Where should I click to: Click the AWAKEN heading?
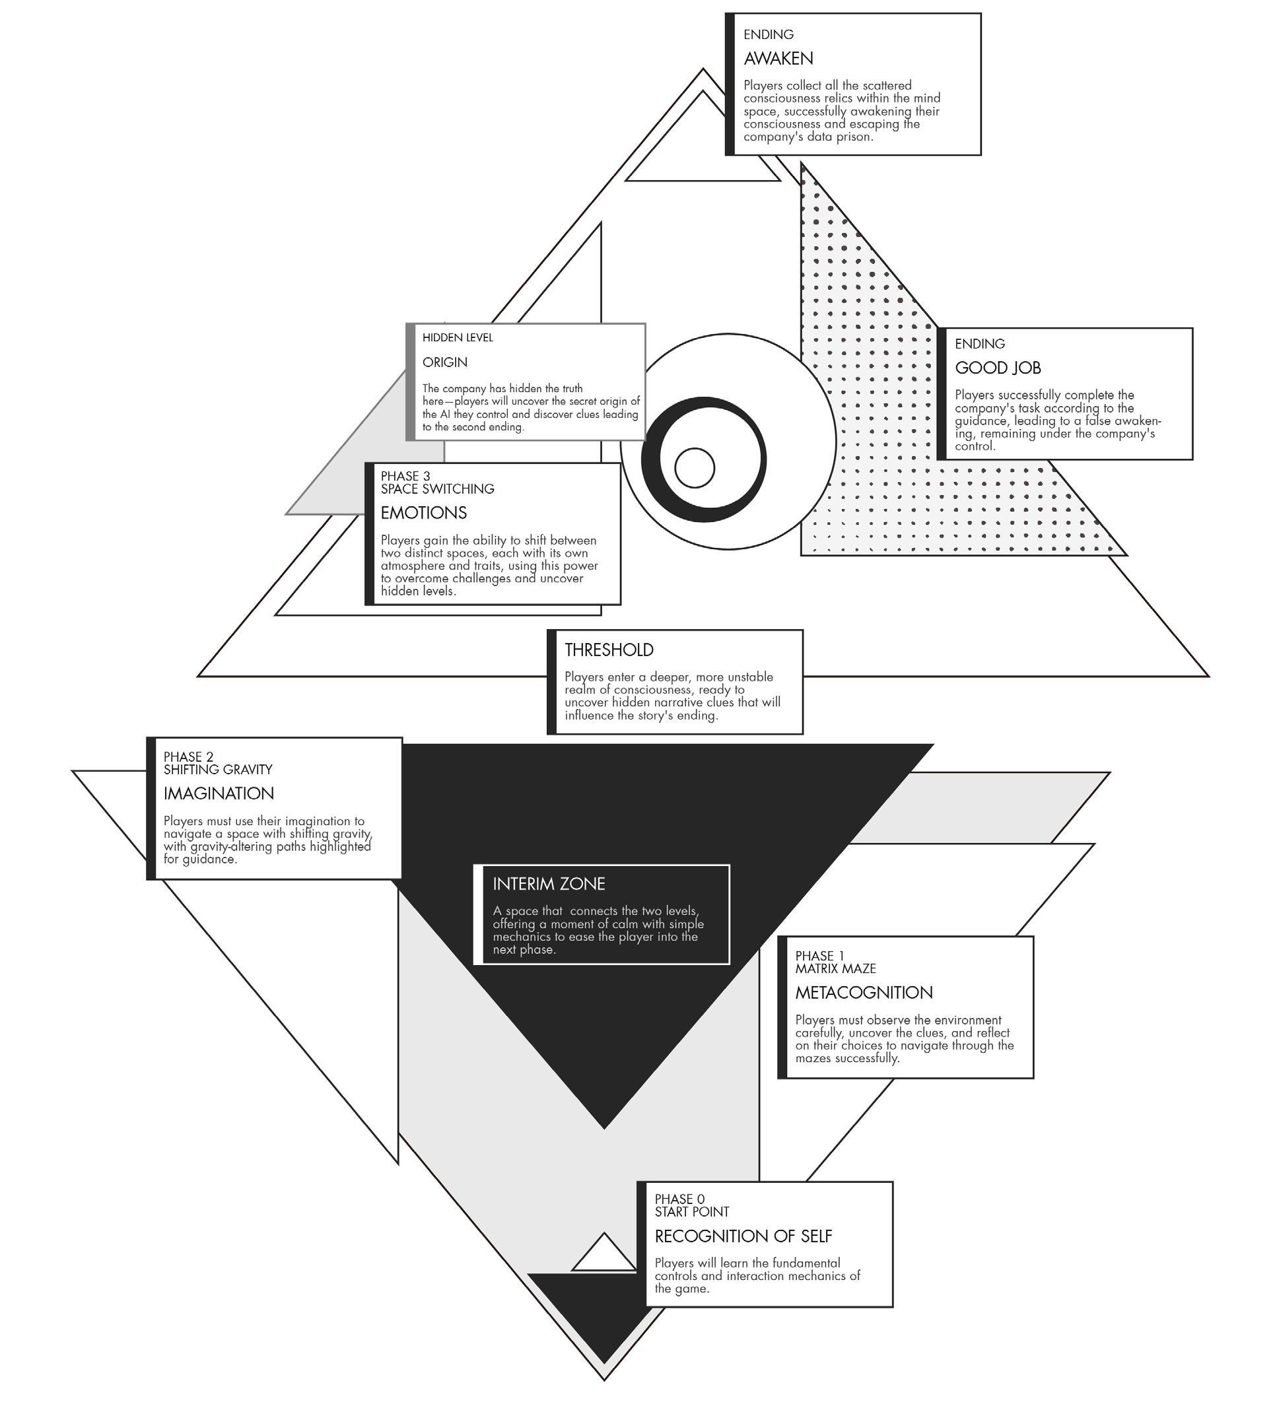(778, 59)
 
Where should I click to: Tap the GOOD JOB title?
(997, 368)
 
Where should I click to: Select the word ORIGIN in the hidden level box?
(445, 362)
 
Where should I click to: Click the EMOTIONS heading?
(423, 513)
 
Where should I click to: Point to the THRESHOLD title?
(609, 650)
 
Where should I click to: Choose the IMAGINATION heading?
(218, 793)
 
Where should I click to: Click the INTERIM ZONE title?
(548, 883)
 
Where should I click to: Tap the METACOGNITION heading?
(863, 992)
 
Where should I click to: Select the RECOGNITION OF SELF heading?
(743, 1236)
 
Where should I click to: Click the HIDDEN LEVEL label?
(458, 338)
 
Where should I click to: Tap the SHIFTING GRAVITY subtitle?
(217, 769)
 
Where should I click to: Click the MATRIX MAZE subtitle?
(835, 968)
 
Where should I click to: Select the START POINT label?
(691, 1212)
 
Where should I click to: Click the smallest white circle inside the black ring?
(695, 468)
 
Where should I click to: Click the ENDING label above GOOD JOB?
(979, 344)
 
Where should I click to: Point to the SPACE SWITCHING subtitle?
(437, 489)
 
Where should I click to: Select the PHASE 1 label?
(819, 956)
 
